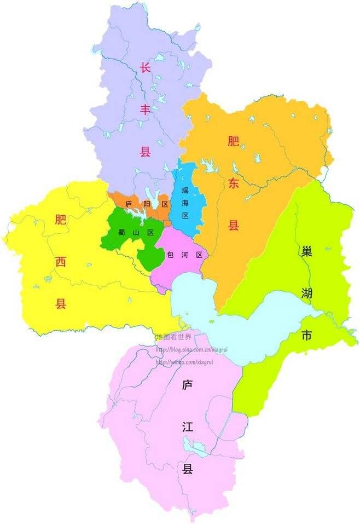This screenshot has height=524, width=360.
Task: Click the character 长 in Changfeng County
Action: [x=145, y=68]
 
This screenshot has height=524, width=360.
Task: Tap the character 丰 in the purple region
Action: [x=145, y=110]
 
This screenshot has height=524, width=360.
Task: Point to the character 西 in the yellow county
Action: [x=60, y=262]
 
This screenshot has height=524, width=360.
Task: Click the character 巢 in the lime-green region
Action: [x=306, y=252]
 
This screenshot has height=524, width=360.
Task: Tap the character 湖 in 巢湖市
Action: [x=306, y=294]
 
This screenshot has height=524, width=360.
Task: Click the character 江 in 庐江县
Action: [x=188, y=427]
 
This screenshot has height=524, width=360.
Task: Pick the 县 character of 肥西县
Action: [x=60, y=303]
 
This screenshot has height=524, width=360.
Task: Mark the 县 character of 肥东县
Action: [x=234, y=225]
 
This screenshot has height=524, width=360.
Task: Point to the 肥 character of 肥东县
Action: [x=234, y=142]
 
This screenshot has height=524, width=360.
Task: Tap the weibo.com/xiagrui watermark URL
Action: [x=184, y=362]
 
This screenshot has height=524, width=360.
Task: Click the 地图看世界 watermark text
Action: [x=174, y=336]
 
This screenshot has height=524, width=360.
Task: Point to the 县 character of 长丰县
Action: [x=145, y=152]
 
